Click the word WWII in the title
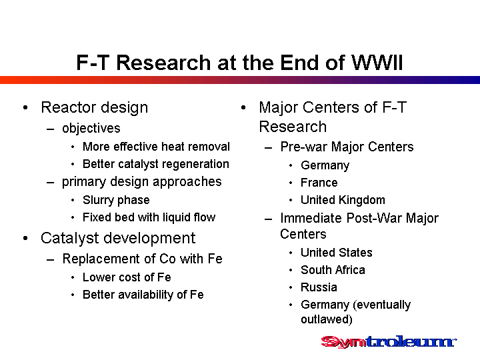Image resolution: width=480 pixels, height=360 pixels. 377,63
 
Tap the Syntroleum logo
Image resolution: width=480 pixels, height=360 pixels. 389,341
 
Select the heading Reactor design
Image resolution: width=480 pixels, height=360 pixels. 94,108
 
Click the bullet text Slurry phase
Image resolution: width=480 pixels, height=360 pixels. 116,200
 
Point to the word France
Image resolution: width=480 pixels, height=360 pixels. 319,183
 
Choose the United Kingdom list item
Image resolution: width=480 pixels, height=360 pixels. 343,200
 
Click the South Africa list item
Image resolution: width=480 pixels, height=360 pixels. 333,270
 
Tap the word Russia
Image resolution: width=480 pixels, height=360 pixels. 319,287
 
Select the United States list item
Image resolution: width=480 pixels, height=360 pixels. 337,253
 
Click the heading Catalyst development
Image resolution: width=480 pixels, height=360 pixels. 118,239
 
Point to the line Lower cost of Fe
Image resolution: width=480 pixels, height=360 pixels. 127,277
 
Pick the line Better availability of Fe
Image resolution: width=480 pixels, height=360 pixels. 143,295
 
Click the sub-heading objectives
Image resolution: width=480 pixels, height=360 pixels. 91,129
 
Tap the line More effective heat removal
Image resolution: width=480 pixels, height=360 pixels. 156,147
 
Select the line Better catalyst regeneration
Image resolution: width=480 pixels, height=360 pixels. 156,165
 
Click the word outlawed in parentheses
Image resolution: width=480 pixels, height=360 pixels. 326,319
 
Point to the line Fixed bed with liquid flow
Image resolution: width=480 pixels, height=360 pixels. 149,217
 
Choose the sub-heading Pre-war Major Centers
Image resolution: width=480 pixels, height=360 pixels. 347,147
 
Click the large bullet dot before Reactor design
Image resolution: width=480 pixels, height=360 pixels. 25,108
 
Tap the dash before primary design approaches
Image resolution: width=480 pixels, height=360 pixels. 51,183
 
